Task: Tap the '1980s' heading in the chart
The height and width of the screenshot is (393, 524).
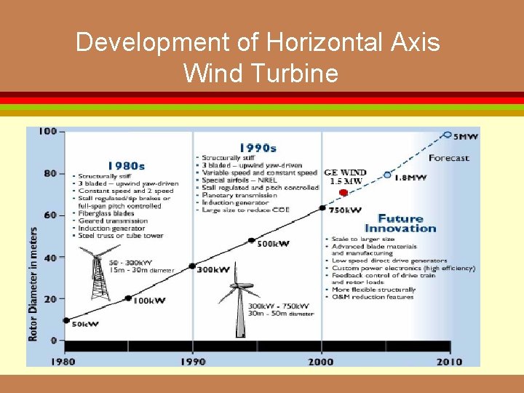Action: point(126,165)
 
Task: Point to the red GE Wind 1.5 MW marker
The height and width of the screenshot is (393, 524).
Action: point(344,192)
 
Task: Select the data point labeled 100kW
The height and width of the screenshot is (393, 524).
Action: point(129,298)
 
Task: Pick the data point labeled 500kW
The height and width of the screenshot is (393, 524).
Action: point(252,240)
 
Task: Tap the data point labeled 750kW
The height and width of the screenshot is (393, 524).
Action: point(322,208)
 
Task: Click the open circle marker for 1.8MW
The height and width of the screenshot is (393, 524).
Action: point(387,175)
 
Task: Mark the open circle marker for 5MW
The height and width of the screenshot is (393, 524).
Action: point(447,135)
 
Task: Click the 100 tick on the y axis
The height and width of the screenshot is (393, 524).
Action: point(47,132)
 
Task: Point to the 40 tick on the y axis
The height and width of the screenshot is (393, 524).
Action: point(49,258)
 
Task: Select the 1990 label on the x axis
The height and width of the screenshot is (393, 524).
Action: point(192,361)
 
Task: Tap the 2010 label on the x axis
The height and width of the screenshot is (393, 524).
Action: point(449,361)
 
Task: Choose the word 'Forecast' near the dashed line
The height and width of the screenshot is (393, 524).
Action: point(449,158)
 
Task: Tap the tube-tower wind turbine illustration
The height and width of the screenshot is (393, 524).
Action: point(239,306)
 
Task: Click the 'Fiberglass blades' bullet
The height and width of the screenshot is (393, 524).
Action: point(106,214)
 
